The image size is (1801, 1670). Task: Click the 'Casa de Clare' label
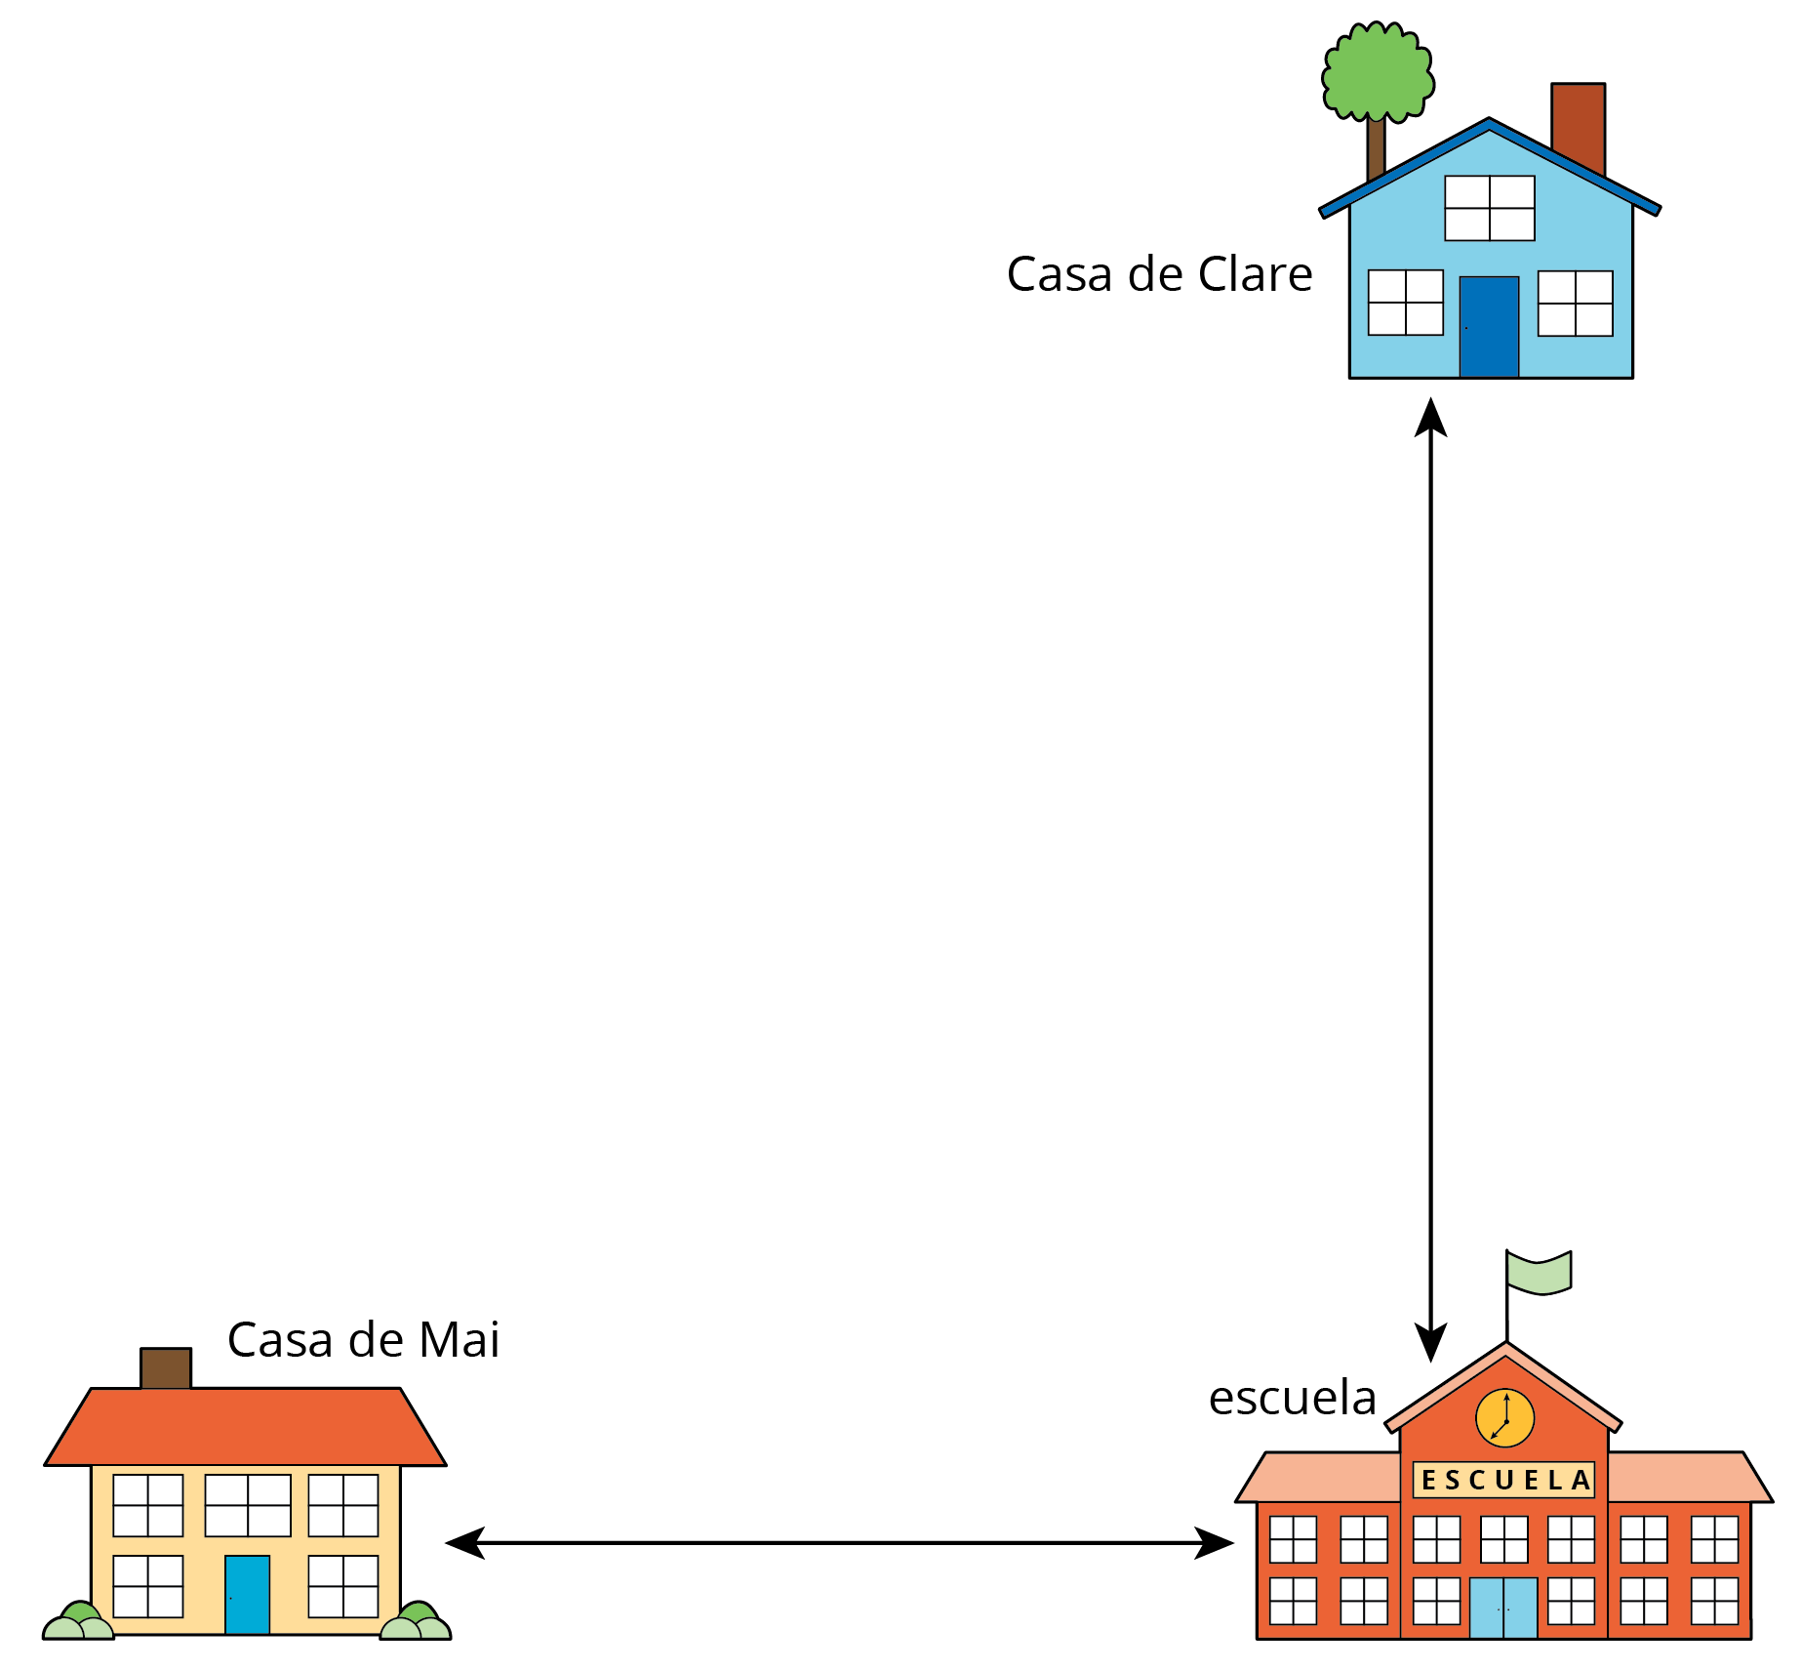click(1159, 274)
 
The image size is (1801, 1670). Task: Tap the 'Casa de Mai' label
click(363, 1339)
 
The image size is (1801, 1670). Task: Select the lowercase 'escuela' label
click(1292, 1398)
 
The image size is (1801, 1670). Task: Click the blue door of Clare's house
click(1489, 327)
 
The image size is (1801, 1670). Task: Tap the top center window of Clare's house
click(1489, 208)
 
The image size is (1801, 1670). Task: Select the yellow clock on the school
click(1504, 1418)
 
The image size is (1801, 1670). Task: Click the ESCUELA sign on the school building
click(1503, 1480)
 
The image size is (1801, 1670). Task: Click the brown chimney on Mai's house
click(166, 1367)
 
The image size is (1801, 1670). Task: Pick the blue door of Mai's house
click(247, 1594)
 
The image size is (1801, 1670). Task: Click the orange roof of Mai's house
click(245, 1426)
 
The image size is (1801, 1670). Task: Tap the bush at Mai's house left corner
click(78, 1621)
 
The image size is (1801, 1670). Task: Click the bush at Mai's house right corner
click(416, 1621)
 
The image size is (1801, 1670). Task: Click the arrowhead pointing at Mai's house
click(465, 1543)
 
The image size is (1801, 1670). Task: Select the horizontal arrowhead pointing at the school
click(1216, 1543)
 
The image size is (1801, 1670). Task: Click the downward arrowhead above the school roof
click(1430, 1343)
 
